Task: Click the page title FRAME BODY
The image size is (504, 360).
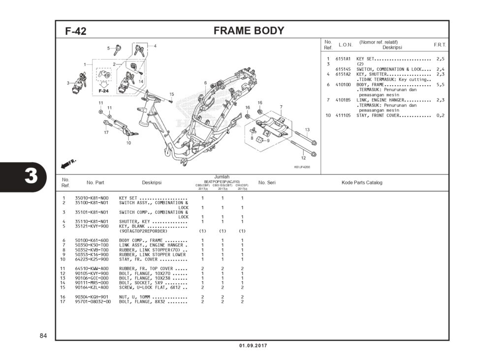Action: pos(249,31)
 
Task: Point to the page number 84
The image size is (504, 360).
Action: pos(43,336)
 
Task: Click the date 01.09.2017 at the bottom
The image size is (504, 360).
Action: pos(252,346)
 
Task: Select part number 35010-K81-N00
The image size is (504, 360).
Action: pos(92,198)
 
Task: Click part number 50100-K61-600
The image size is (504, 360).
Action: pos(92,240)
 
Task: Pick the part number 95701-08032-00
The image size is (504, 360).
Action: pos(93,301)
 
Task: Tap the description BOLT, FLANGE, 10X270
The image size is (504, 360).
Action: pos(146,273)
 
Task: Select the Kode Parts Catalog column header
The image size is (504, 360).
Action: pos(362,182)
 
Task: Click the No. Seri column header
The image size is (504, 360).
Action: pos(266,182)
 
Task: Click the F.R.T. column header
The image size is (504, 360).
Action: pos(440,45)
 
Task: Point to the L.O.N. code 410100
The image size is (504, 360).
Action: pos(343,85)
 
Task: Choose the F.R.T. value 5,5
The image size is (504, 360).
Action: pos(440,85)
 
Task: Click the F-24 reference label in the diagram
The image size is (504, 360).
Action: pos(103,91)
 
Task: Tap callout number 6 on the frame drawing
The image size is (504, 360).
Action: pos(205,83)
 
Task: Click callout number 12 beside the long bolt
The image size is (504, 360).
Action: pos(303,158)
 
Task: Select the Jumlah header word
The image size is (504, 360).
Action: pos(222,177)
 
